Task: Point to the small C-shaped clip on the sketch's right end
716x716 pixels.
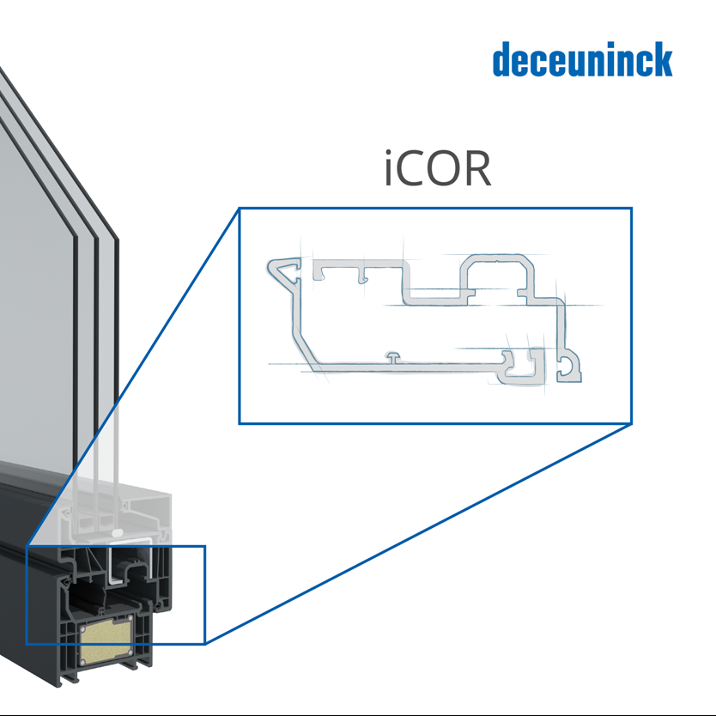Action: click(x=571, y=367)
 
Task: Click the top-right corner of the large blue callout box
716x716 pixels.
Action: click(x=632, y=208)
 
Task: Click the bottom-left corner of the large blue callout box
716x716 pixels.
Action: click(x=239, y=423)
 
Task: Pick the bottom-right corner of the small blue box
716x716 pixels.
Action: click(x=205, y=644)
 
